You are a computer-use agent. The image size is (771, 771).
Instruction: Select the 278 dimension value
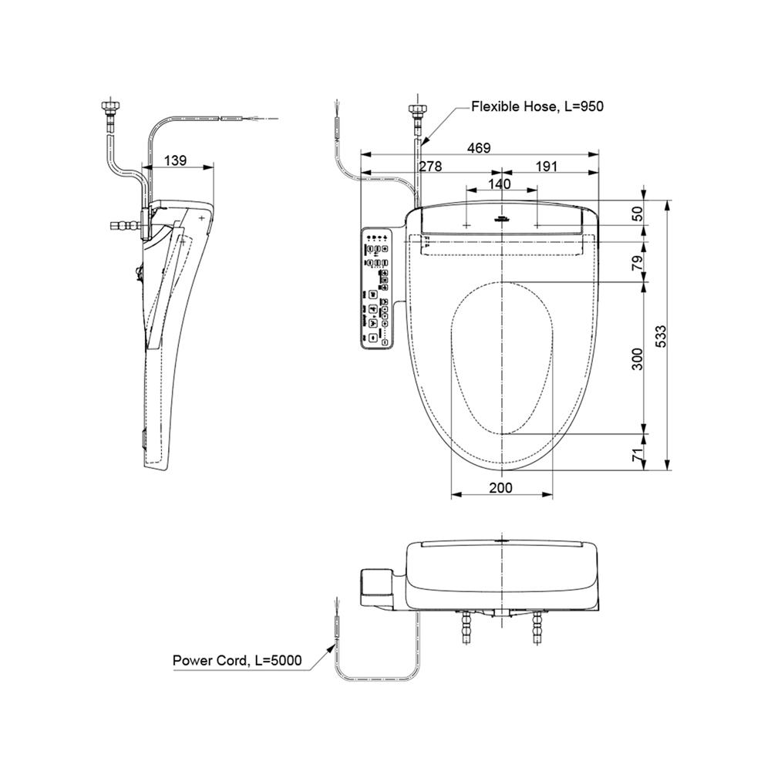click(x=431, y=167)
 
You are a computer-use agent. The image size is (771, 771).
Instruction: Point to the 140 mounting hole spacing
click(x=500, y=184)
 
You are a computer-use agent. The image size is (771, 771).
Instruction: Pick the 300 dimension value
click(x=637, y=359)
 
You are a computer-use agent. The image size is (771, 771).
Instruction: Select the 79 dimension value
click(x=637, y=262)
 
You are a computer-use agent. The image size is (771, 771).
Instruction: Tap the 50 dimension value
click(x=637, y=214)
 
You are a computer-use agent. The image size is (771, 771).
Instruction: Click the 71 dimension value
click(x=637, y=456)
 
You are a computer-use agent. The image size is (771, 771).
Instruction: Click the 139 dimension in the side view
click(x=176, y=160)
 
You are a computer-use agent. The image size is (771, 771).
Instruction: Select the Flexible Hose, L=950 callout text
click(x=537, y=106)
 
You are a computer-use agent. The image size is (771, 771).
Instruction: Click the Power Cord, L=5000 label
click(x=237, y=661)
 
